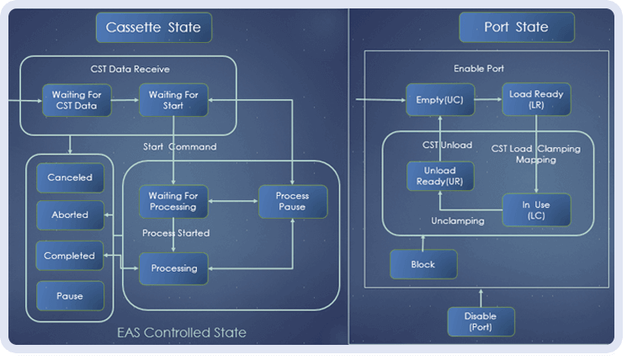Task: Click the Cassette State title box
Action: point(154,27)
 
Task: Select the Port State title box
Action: point(517,27)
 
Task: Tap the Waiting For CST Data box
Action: point(77,100)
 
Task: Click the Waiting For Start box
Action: point(173,100)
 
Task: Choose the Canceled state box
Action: point(70,177)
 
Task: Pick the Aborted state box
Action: point(70,215)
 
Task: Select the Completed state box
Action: point(70,256)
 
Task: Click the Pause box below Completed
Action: point(70,296)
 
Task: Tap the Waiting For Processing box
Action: point(173,201)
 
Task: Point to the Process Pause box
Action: point(293,201)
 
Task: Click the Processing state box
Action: point(173,268)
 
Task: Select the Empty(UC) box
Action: point(440,99)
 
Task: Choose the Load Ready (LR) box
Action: point(536,99)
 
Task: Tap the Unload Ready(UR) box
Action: point(440,176)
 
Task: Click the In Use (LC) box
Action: point(536,210)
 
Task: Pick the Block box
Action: point(423,264)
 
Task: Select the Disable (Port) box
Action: point(481,321)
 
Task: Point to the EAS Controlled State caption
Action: point(182,332)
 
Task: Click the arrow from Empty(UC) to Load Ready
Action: point(488,99)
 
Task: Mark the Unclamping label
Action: point(458,221)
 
